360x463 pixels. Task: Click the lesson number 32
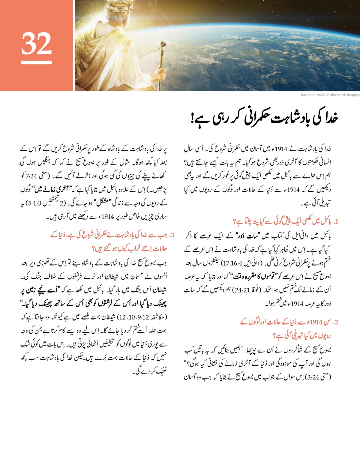[36, 44]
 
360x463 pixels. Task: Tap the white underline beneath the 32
[36, 62]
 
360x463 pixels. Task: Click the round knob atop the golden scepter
[163, 46]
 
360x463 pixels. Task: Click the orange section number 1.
[336, 222]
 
